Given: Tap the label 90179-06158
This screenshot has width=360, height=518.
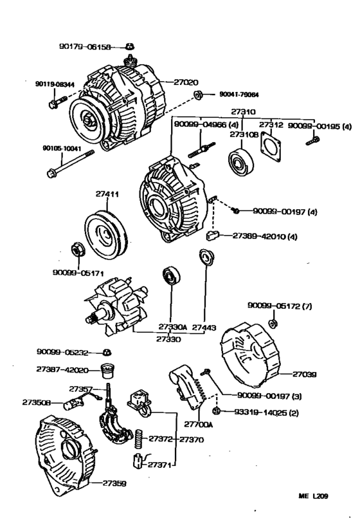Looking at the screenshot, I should point(80,47).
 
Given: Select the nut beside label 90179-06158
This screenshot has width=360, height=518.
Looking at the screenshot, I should point(129,46).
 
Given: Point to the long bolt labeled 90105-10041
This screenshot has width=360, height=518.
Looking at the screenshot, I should point(71,163).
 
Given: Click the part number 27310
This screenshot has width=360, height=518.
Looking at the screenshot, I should point(244,111).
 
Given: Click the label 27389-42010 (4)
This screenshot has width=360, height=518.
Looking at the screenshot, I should point(264,236).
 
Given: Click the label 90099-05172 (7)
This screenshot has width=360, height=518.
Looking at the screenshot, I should point(280,306).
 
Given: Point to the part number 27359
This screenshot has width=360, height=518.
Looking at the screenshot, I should point(114,483).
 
